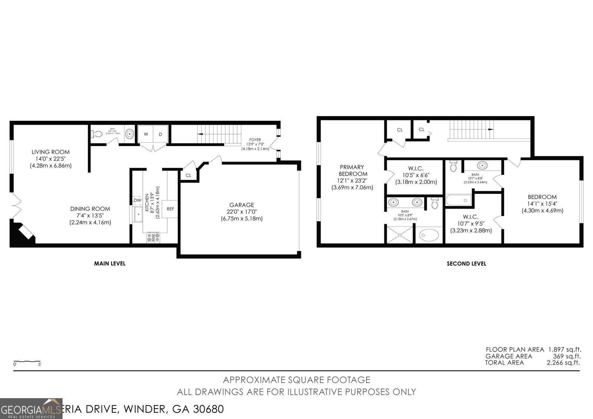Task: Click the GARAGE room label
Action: [241, 205]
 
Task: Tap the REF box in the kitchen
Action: [170, 209]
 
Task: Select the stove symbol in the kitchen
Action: [153, 237]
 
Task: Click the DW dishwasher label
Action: [137, 200]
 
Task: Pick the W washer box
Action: [146, 134]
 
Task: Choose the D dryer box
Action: [161, 134]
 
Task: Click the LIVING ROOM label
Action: [50, 152]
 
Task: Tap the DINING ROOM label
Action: [90, 209]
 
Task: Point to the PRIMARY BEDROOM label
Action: [352, 170]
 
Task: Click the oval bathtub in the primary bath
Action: [429, 235]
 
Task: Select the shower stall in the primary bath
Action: [400, 235]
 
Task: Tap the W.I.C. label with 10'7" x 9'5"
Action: [470, 217]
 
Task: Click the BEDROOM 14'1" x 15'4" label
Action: [542, 197]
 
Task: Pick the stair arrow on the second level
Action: [490, 129]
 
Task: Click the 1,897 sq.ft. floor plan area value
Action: [566, 349]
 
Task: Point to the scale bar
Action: [27, 361]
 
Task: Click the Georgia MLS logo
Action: [31, 409]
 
